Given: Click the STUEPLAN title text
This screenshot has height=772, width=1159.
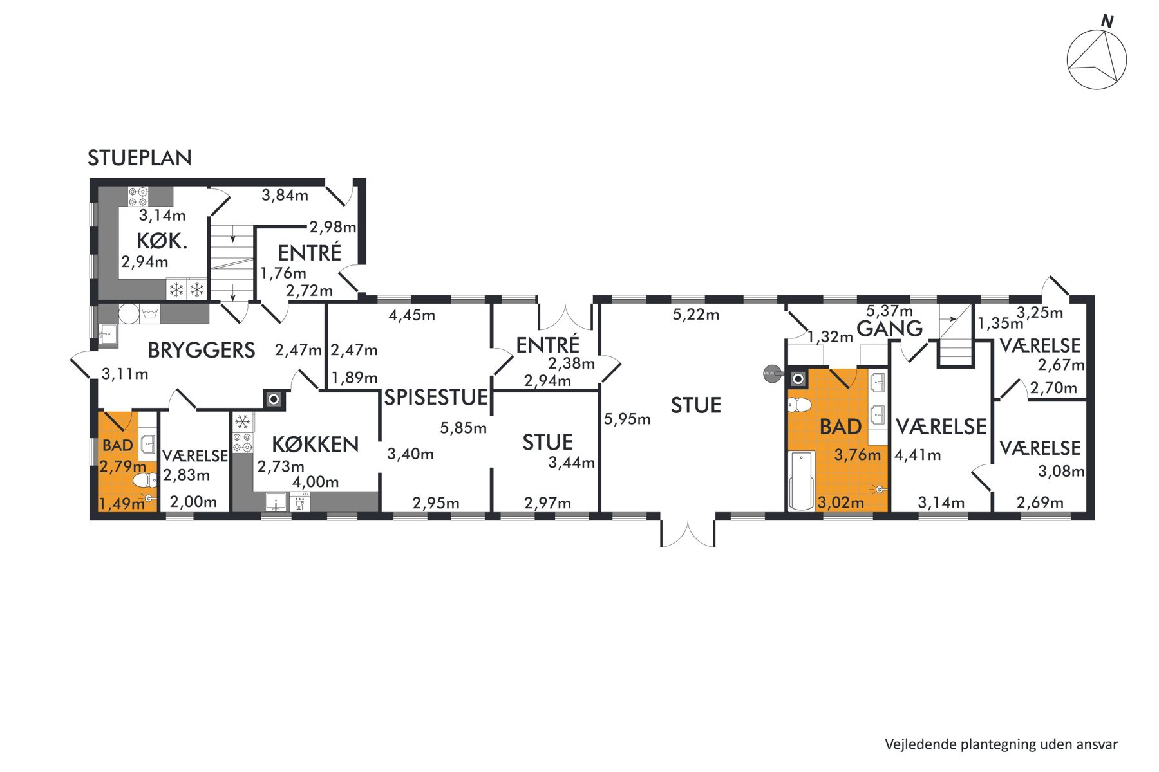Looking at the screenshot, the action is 140,158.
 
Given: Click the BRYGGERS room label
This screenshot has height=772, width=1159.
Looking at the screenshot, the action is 202,350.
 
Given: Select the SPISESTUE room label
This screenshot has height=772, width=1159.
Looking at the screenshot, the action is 436,398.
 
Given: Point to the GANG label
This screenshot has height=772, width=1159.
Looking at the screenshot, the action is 890,329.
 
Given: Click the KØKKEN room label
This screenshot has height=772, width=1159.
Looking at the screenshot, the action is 315,444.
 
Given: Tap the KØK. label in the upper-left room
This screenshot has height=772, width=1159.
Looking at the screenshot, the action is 162,241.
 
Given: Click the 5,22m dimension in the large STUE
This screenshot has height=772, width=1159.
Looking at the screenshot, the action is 696,315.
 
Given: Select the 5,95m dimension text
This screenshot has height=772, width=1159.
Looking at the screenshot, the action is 627,419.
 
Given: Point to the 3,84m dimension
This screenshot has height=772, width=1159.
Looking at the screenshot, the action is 285,195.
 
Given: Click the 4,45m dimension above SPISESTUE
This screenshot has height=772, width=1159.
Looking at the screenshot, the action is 412,315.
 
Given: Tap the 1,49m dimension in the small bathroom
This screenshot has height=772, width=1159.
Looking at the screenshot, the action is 122,503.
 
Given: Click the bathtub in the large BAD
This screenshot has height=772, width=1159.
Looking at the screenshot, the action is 801,481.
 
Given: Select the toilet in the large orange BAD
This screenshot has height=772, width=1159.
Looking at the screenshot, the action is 799,405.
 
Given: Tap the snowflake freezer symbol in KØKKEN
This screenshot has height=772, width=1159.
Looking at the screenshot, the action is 243,422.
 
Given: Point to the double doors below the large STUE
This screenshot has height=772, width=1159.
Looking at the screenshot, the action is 688,533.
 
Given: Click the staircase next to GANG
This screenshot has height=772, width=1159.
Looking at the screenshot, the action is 955,335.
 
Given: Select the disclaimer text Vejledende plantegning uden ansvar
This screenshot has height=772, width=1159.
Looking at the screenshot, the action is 1001,744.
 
